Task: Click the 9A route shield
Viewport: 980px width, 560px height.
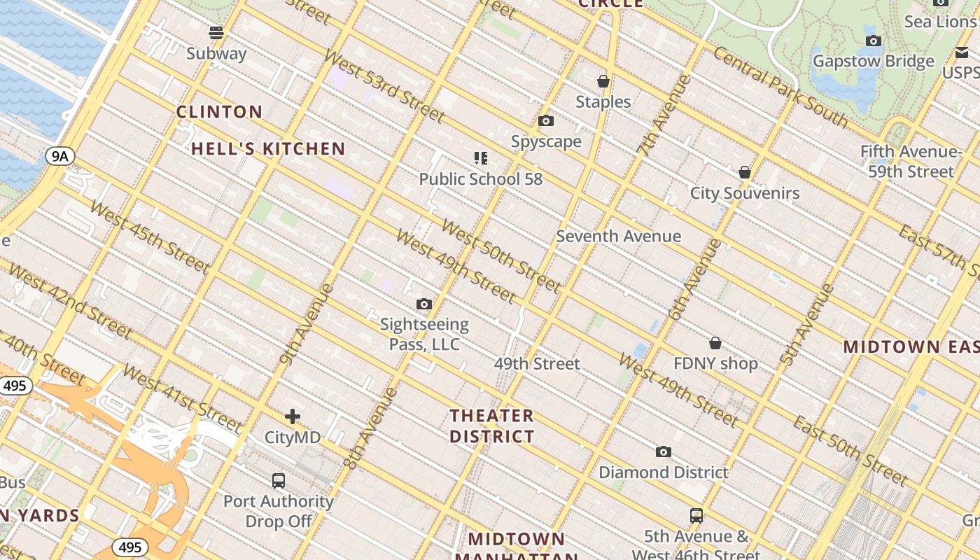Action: pyautogui.click(x=60, y=156)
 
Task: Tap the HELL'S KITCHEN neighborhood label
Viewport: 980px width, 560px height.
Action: pyautogui.click(x=268, y=148)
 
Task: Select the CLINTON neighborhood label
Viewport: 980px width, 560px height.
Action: pyautogui.click(x=219, y=112)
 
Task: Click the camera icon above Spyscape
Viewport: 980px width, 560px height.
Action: pyautogui.click(x=546, y=121)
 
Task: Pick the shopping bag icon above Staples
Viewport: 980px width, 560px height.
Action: pyautogui.click(x=603, y=82)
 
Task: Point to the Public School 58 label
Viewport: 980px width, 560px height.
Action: pyautogui.click(x=480, y=179)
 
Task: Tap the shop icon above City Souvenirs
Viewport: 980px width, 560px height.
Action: pyautogui.click(x=745, y=172)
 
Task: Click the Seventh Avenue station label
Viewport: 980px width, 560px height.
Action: pyautogui.click(x=618, y=236)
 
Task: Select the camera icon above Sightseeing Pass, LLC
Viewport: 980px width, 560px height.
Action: pyautogui.click(x=423, y=304)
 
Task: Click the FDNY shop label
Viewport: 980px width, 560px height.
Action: pyautogui.click(x=715, y=363)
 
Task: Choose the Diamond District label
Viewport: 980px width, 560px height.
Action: pyautogui.click(x=663, y=472)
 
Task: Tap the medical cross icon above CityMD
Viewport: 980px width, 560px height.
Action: pyautogui.click(x=293, y=417)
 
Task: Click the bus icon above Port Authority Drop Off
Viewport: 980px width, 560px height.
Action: pyautogui.click(x=279, y=481)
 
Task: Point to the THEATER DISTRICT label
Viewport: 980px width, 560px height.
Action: pyautogui.click(x=491, y=426)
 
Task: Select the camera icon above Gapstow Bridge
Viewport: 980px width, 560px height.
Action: pyautogui.click(x=873, y=41)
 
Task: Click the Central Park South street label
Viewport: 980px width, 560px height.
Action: pyautogui.click(x=780, y=87)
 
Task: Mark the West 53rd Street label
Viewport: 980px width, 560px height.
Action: pyautogui.click(x=384, y=85)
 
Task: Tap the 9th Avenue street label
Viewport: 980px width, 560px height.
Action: pyautogui.click(x=306, y=325)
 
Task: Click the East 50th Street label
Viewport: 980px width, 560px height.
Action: pyautogui.click(x=850, y=450)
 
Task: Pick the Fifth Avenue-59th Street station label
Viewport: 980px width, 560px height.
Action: pyautogui.click(x=911, y=162)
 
